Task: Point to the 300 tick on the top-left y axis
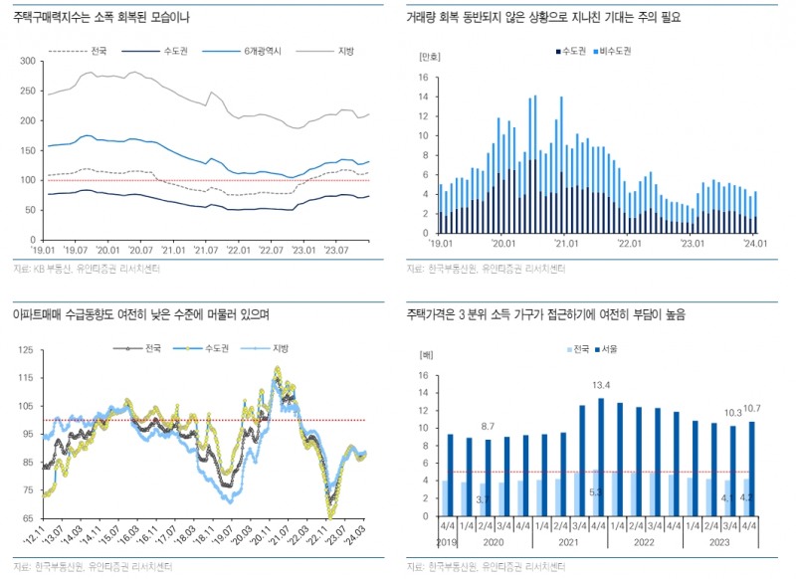pyautogui.click(x=27, y=62)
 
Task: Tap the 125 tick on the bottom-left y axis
pyautogui.click(x=26, y=350)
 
